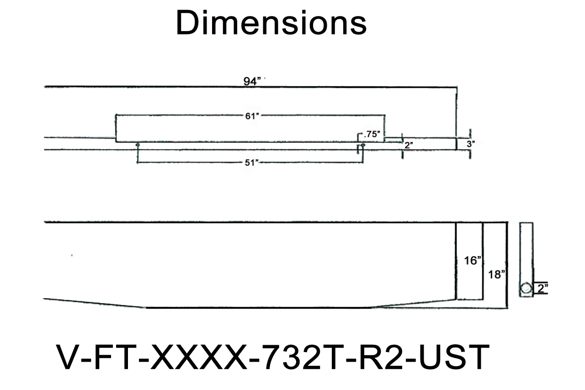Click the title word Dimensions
click(x=271, y=24)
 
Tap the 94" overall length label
click(x=252, y=81)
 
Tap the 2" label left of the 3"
click(x=408, y=145)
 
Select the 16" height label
click(x=473, y=261)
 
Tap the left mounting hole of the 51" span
click(x=138, y=145)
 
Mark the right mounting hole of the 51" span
click(x=363, y=145)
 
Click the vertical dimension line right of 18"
click(x=506, y=265)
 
